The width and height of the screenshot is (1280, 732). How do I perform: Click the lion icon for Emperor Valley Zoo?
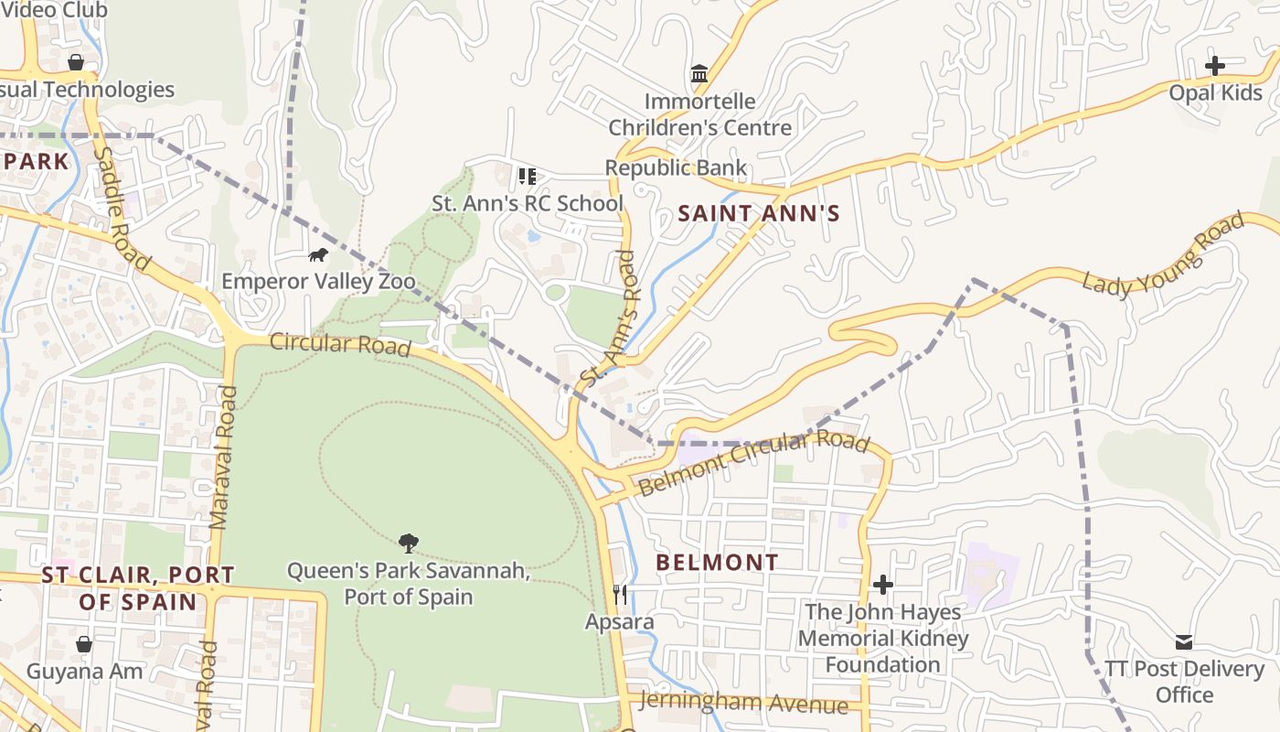318,254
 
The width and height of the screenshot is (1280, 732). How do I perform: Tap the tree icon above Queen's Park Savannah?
409,544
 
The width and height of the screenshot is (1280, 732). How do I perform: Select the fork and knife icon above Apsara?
620,595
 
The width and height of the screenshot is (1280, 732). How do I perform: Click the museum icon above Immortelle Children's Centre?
699,73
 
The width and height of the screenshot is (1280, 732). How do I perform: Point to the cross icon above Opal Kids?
1214,66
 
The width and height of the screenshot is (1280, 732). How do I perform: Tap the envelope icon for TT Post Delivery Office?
1184,641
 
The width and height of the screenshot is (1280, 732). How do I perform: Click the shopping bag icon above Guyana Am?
83,644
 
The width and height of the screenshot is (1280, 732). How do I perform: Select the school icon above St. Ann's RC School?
527,176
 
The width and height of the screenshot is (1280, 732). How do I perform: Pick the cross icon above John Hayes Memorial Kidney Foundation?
882,584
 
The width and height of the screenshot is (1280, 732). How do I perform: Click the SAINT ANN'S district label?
758,214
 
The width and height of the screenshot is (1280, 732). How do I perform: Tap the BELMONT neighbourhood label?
718,562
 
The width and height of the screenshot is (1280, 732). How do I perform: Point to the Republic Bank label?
676,167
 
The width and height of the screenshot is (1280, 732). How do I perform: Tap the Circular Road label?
340,344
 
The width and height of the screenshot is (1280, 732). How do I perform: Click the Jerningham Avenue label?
744,703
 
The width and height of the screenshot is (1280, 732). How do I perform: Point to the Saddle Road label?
122,209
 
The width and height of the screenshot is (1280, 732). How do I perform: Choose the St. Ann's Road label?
607,318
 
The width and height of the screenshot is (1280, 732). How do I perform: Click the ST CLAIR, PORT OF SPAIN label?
138,588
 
